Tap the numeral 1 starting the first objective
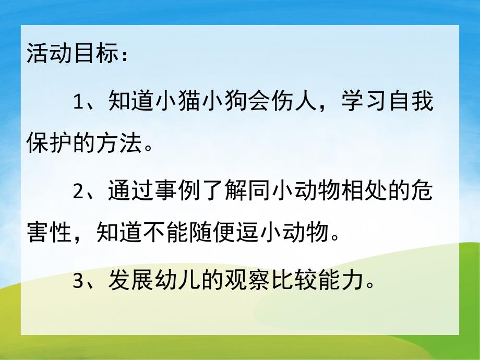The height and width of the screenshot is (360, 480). coord(78,101)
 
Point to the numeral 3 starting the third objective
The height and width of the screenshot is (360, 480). coord(78,282)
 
